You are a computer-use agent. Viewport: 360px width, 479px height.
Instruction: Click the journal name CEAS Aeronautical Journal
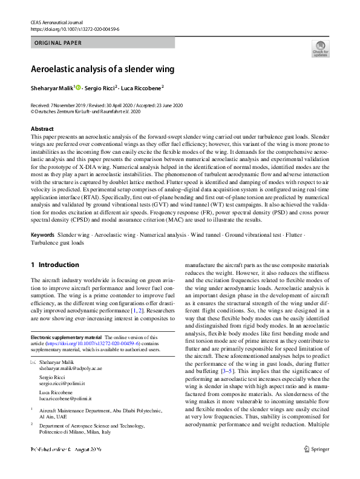[56, 22]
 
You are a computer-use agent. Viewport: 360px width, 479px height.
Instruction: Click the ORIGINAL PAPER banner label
[58, 43]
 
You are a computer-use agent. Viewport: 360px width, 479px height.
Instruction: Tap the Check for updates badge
[320, 49]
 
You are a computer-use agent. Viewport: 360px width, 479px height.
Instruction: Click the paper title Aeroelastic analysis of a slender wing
[103, 69]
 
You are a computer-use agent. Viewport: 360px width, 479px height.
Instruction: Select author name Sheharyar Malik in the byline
[51, 88]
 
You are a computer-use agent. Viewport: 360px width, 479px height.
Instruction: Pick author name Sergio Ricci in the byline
[101, 88]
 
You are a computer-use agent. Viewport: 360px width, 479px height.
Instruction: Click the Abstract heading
[42, 129]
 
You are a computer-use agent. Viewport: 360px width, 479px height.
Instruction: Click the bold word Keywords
[43, 234]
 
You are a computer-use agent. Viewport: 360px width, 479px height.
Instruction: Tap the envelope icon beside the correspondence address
[33, 362]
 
